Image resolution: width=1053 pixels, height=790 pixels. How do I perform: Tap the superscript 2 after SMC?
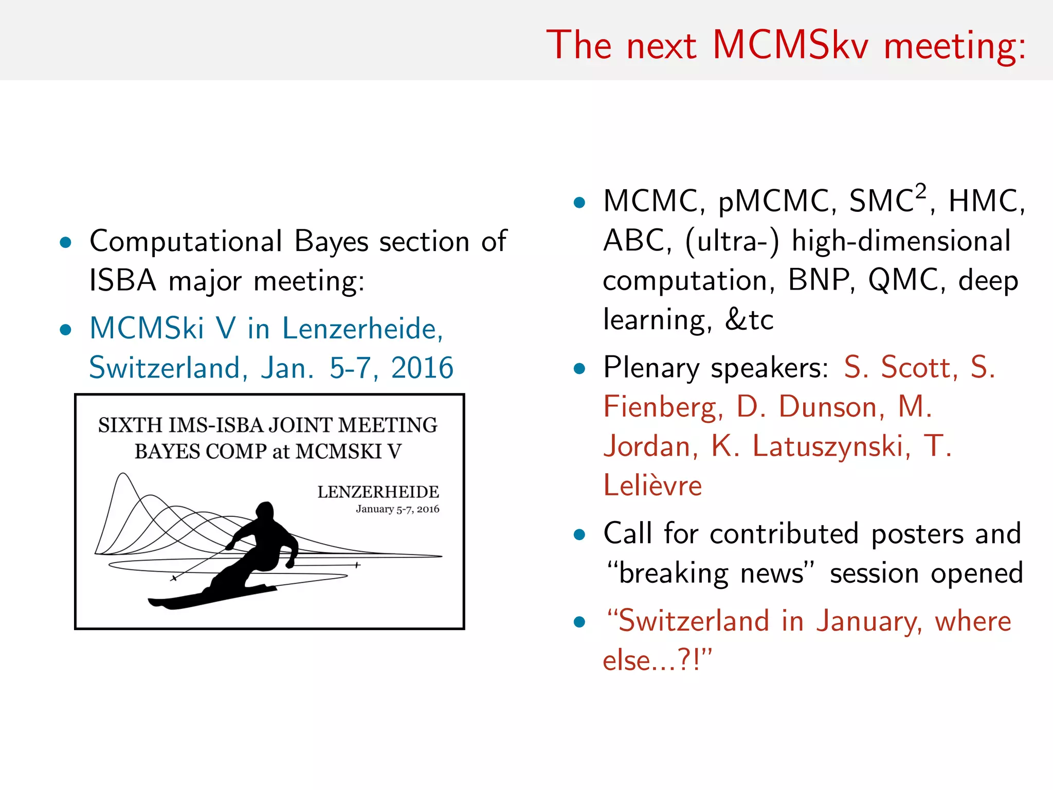920,191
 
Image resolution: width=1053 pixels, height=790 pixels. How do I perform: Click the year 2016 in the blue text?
422,368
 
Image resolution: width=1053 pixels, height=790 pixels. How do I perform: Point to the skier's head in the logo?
265,511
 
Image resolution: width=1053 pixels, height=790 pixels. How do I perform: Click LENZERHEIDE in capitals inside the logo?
378,492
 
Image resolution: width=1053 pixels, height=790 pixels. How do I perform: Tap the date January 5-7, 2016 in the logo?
397,509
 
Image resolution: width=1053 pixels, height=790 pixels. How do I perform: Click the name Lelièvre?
652,486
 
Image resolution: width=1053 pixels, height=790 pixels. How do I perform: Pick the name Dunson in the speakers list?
831,407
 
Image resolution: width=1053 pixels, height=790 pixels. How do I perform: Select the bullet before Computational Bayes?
65,242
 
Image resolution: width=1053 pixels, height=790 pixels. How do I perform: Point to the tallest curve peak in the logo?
123,474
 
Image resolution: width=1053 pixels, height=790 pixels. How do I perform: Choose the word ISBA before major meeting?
122,281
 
